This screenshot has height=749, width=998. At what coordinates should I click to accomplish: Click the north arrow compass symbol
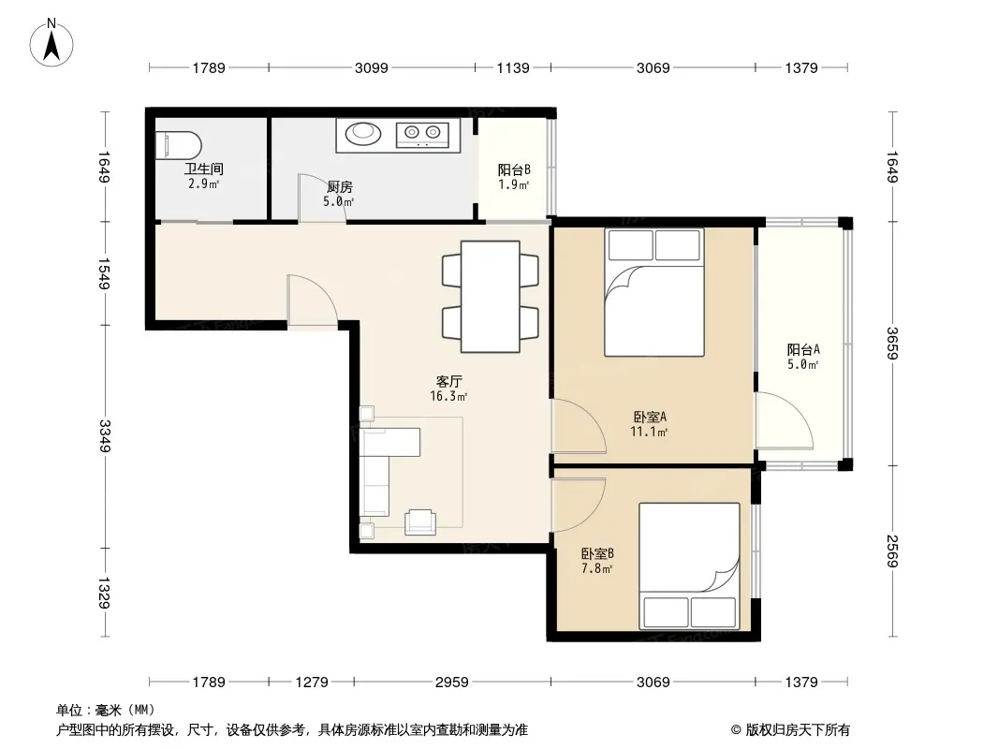point(51,43)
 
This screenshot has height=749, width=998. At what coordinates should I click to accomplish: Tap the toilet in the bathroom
point(178,146)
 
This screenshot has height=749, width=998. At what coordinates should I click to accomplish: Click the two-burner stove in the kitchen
point(422,134)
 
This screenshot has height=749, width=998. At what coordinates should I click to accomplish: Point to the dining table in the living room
point(490,296)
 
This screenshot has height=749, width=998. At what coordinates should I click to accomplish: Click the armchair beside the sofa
point(420,521)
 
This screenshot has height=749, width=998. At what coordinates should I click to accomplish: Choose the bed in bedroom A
point(654,292)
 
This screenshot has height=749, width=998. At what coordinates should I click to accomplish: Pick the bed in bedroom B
point(689,565)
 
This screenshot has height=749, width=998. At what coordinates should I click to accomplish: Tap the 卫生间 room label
point(204,169)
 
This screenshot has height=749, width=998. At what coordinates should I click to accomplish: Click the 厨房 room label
point(339,187)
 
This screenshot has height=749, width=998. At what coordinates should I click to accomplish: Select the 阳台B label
point(514,169)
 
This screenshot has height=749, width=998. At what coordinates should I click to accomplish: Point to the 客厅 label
point(448,382)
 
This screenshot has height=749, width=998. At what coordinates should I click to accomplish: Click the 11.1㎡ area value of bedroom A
point(649,433)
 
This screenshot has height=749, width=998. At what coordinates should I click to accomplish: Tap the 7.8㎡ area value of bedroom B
point(597,568)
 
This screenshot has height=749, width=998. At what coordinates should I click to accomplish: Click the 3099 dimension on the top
point(371,67)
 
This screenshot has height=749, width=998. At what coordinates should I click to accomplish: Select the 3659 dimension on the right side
point(891,343)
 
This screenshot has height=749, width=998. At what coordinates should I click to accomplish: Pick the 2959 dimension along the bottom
point(452,683)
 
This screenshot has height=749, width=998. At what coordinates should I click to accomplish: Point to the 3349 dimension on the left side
point(104,436)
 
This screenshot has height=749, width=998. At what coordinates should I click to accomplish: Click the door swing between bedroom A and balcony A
point(785,420)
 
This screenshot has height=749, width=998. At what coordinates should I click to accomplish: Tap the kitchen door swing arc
point(322,198)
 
